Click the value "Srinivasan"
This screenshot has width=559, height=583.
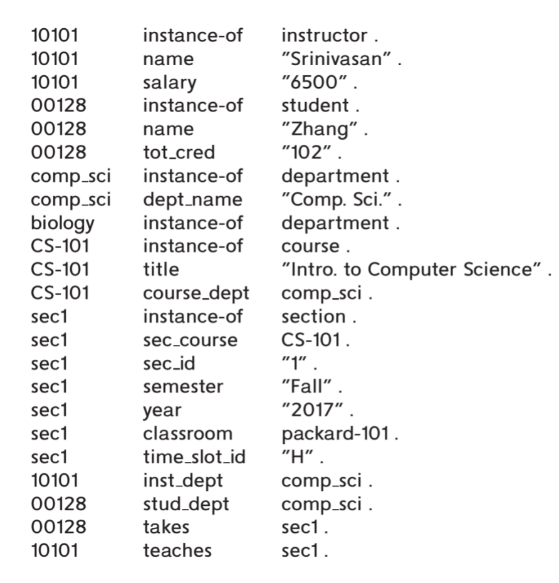337,59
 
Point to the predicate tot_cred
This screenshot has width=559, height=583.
179,152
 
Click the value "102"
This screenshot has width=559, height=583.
306,152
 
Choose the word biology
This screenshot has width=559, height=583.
63,224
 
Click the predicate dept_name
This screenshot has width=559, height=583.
193,200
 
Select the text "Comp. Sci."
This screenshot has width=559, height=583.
337,199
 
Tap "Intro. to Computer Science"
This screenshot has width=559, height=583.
412,269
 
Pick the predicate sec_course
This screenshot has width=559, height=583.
191,340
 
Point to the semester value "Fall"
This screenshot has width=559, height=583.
306,386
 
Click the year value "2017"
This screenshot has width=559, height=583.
312,410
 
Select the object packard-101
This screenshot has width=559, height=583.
335,434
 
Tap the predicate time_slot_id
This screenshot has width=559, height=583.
194,456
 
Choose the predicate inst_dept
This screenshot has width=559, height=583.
183,481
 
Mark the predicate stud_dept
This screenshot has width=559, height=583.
186,504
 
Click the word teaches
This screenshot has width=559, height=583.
177,550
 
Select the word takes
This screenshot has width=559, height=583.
166,527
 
